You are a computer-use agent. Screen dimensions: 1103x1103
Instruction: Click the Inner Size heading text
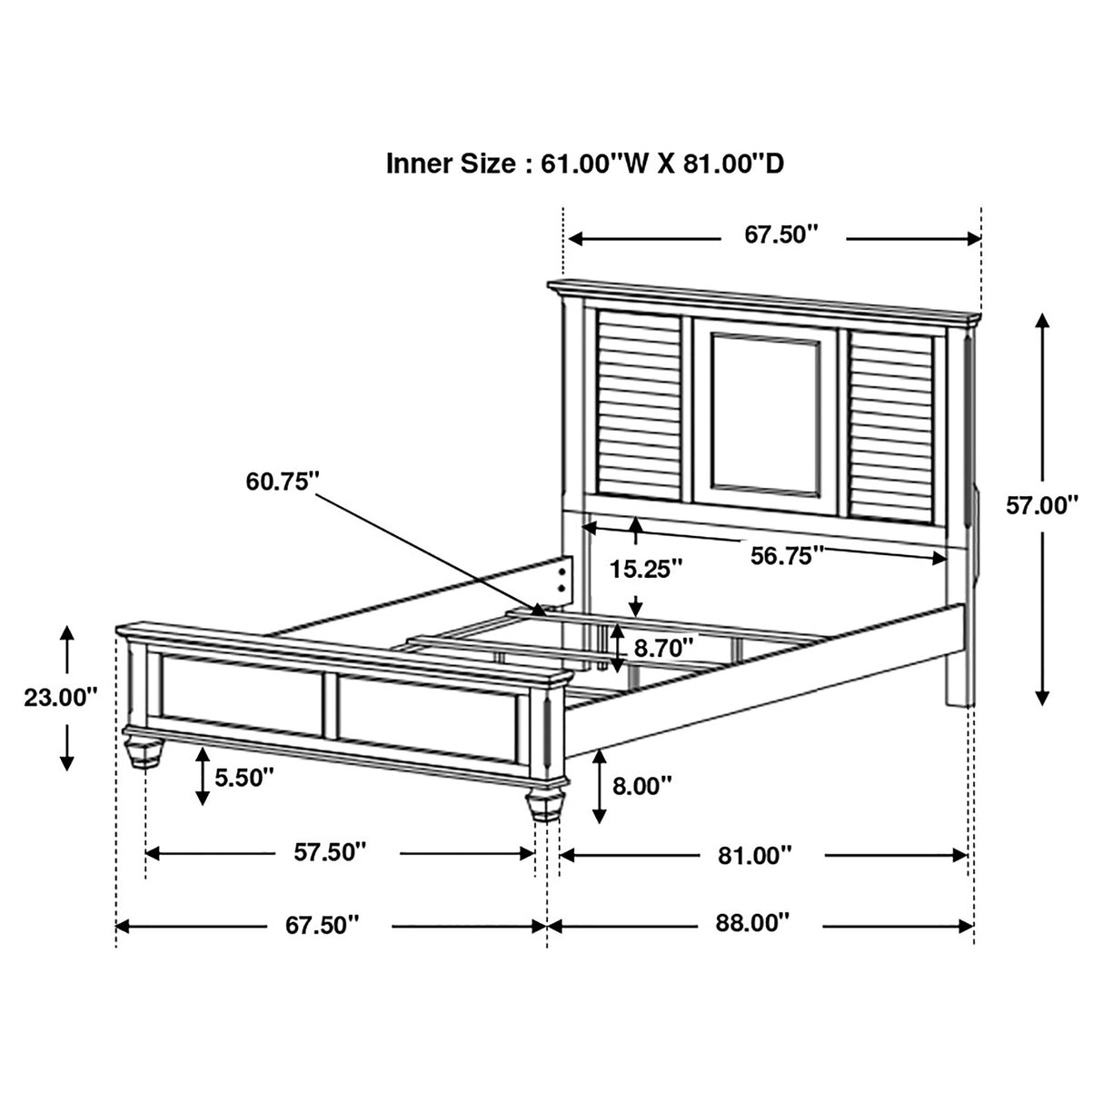coord(586,164)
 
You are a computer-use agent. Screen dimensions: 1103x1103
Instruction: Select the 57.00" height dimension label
coord(1041,505)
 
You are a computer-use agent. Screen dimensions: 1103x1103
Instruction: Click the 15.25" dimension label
coord(646,570)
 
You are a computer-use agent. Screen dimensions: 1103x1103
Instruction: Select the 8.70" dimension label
coord(664,647)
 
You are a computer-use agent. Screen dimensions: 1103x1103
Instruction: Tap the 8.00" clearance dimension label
coord(641,784)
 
